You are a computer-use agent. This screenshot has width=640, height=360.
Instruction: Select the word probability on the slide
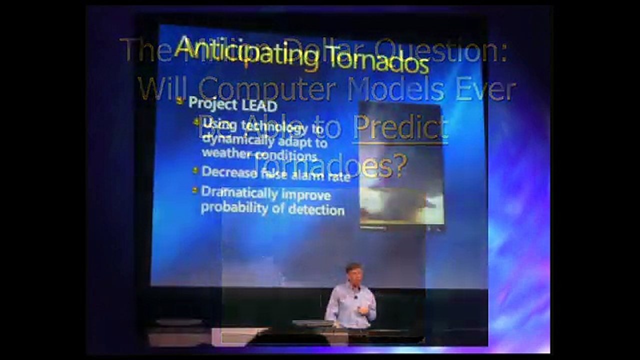[x=235, y=207]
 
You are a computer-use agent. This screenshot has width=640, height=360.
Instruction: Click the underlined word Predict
[x=400, y=128]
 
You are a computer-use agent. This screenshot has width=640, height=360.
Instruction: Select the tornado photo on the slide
[x=401, y=165]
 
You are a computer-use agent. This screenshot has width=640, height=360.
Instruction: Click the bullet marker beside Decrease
[x=195, y=170]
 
